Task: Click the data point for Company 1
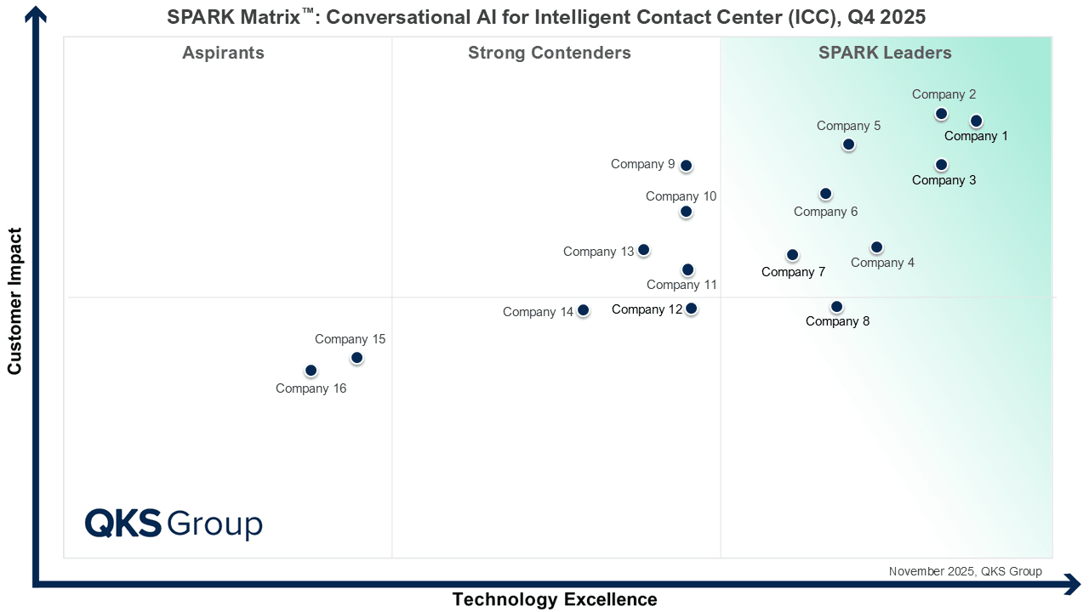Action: click(976, 121)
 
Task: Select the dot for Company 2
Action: click(941, 114)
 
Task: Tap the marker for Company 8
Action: click(836, 307)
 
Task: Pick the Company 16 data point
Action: click(311, 371)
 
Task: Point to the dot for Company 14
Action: click(583, 310)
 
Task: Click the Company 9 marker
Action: click(686, 166)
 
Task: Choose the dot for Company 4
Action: click(876, 247)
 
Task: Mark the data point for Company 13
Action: click(643, 250)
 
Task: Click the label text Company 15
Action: click(350, 339)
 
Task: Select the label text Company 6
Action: click(825, 212)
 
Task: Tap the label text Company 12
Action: click(647, 309)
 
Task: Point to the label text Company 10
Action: click(681, 196)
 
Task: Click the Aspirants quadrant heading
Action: click(223, 53)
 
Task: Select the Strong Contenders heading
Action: click(550, 53)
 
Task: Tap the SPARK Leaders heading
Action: click(885, 53)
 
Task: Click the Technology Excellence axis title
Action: click(555, 599)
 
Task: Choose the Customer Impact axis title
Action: click(14, 301)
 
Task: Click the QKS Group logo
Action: click(174, 524)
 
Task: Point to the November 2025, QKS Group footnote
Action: click(966, 571)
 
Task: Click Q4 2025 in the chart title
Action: click(887, 17)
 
